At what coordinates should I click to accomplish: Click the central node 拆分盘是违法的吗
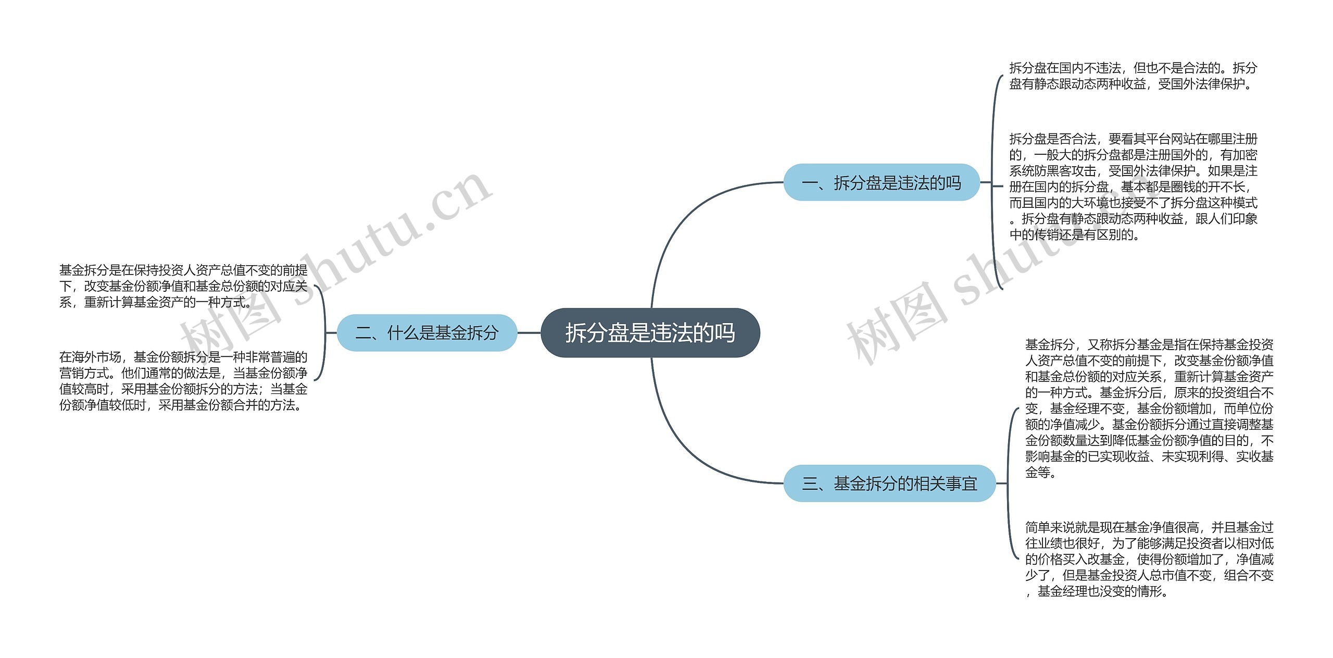click(650, 332)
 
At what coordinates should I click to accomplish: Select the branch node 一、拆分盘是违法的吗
click(881, 182)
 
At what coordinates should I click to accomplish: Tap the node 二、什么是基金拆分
click(426, 332)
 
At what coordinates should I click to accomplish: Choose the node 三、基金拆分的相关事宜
click(889, 483)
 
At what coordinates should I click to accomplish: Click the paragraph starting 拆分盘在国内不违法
click(1133, 76)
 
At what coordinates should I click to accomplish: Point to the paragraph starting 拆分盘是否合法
click(1133, 187)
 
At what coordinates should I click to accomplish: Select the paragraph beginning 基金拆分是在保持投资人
click(183, 286)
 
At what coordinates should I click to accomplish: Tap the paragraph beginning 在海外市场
click(183, 381)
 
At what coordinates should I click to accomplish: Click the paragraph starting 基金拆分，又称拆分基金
click(1149, 408)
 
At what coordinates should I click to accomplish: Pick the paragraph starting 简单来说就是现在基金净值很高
click(1149, 559)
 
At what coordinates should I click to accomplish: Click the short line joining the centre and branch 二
click(529, 332)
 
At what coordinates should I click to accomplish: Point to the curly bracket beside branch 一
click(995, 182)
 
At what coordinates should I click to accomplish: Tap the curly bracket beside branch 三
click(1010, 483)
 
